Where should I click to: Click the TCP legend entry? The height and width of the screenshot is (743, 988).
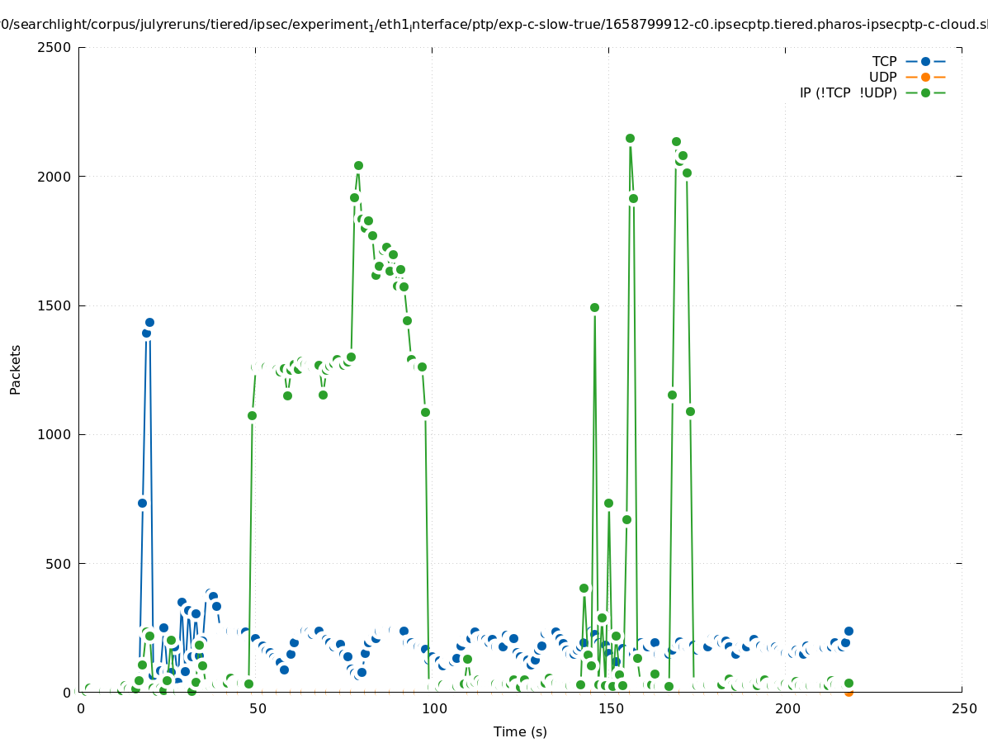click(x=884, y=61)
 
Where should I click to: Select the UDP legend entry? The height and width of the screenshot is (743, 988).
click(x=882, y=77)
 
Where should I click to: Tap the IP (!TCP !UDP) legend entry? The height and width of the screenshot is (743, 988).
click(x=848, y=92)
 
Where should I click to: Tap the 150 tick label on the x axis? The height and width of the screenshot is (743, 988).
click(x=610, y=709)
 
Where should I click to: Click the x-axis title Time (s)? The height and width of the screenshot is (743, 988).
click(x=520, y=731)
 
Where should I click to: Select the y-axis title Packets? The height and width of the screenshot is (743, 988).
click(x=16, y=370)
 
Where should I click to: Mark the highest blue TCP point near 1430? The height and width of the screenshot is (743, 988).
click(x=149, y=323)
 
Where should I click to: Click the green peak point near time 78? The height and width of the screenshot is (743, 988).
click(x=358, y=166)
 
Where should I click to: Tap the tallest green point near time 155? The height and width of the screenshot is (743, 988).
click(x=630, y=139)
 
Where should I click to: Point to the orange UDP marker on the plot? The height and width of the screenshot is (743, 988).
click(x=849, y=692)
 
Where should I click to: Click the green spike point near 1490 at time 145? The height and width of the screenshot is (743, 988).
click(x=594, y=307)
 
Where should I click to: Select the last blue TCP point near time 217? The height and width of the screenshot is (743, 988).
click(x=849, y=631)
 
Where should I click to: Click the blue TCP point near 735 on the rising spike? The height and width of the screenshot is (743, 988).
click(x=142, y=503)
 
